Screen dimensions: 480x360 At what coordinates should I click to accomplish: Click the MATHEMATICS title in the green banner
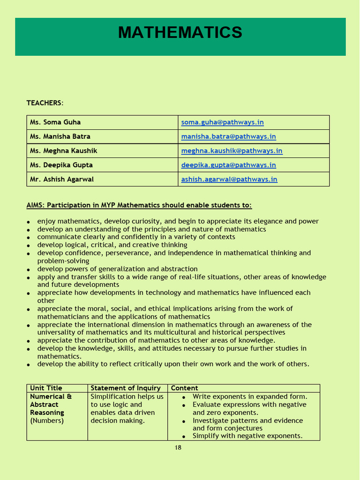point(180,33)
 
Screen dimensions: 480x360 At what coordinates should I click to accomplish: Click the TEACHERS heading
point(44,103)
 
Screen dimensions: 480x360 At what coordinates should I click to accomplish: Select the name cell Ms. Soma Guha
point(55,122)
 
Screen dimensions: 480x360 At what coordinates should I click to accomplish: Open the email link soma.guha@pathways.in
point(222,122)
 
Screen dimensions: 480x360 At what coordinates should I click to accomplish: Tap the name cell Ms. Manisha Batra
point(60,136)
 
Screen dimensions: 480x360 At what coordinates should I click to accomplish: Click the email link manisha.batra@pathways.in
point(228,136)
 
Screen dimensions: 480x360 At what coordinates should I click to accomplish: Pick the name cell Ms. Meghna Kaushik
point(63,151)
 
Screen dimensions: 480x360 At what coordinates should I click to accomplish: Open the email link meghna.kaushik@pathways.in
point(232,151)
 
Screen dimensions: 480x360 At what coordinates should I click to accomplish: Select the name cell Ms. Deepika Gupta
point(61,165)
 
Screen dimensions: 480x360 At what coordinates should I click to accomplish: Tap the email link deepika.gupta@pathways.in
point(228,165)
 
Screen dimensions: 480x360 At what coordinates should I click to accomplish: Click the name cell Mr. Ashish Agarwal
point(62,179)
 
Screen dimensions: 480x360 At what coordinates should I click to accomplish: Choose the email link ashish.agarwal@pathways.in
point(229,179)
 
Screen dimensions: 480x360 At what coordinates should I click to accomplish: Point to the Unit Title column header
point(46,388)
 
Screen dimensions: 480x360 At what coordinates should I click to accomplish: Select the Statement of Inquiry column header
point(125,388)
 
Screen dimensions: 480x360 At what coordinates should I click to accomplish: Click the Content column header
point(184,388)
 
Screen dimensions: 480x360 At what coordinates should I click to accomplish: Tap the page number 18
point(178,448)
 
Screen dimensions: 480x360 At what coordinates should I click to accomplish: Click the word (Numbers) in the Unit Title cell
point(47,420)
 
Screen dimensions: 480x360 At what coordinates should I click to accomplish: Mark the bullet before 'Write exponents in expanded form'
point(184,397)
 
